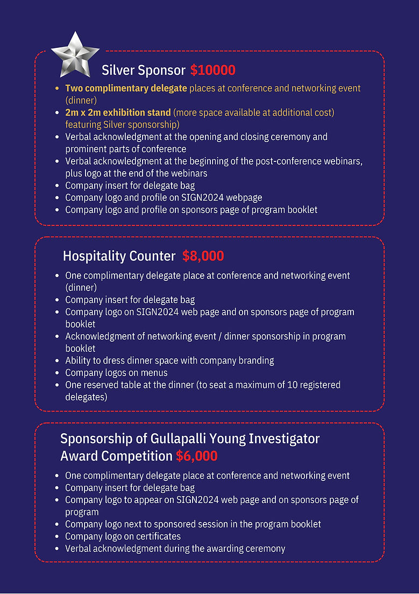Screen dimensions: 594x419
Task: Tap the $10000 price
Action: [x=212, y=70]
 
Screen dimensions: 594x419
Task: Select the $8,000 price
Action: [x=203, y=256]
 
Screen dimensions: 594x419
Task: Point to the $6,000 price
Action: [x=196, y=456]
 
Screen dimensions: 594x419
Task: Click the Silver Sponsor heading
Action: [x=144, y=70]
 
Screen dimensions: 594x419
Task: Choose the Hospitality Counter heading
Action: [x=119, y=256]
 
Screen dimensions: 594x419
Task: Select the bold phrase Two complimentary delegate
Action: [x=126, y=88]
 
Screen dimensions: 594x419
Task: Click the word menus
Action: [x=154, y=372]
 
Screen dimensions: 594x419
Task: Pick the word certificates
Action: [x=156, y=536]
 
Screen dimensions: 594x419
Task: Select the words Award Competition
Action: [x=116, y=456]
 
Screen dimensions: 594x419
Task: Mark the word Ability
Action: [x=78, y=360]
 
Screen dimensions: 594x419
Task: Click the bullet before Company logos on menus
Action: [x=58, y=373]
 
